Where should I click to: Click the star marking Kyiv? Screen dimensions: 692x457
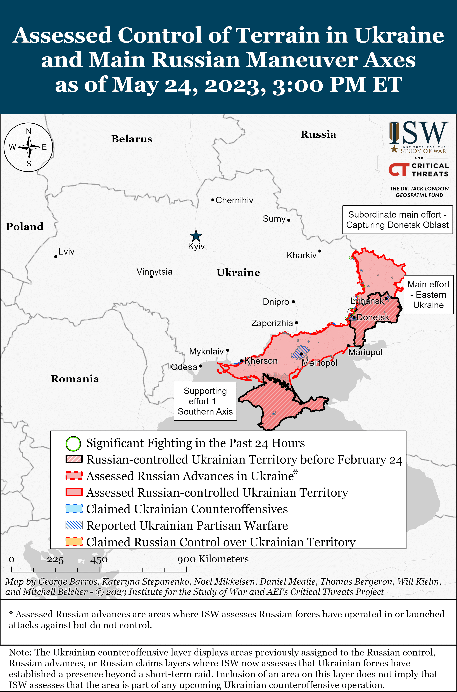[x=196, y=236]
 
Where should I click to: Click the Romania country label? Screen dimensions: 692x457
[x=75, y=379]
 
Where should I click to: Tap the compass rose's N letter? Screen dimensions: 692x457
[x=28, y=131]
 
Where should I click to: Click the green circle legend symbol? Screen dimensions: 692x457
[x=73, y=443]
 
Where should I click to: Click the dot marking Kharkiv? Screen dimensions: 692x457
[x=320, y=251]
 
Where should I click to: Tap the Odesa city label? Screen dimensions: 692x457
[x=184, y=367]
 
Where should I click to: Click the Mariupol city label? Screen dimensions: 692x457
[x=365, y=352]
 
